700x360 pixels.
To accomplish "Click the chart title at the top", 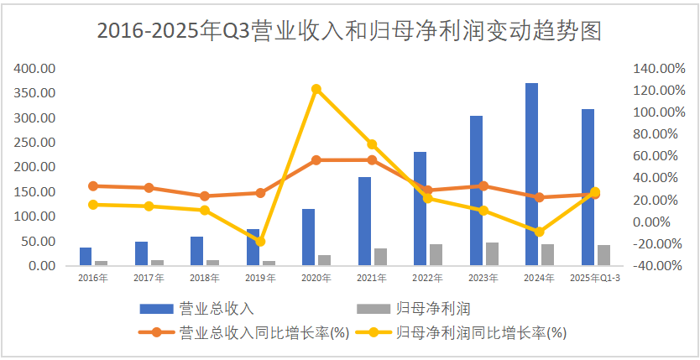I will click(349, 31).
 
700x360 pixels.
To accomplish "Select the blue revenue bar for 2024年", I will click(531, 174).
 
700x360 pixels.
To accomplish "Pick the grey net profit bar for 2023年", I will click(492, 253).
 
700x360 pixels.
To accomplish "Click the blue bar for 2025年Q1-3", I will click(588, 187).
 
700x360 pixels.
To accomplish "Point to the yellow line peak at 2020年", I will click(316, 89).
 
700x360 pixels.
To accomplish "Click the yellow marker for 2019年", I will click(260, 241).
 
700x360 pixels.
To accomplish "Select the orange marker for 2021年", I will click(372, 160).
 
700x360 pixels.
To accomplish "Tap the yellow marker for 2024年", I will click(540, 232).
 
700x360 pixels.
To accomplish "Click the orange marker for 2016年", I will click(93, 186).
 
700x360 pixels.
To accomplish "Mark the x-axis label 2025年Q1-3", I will click(594, 277).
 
